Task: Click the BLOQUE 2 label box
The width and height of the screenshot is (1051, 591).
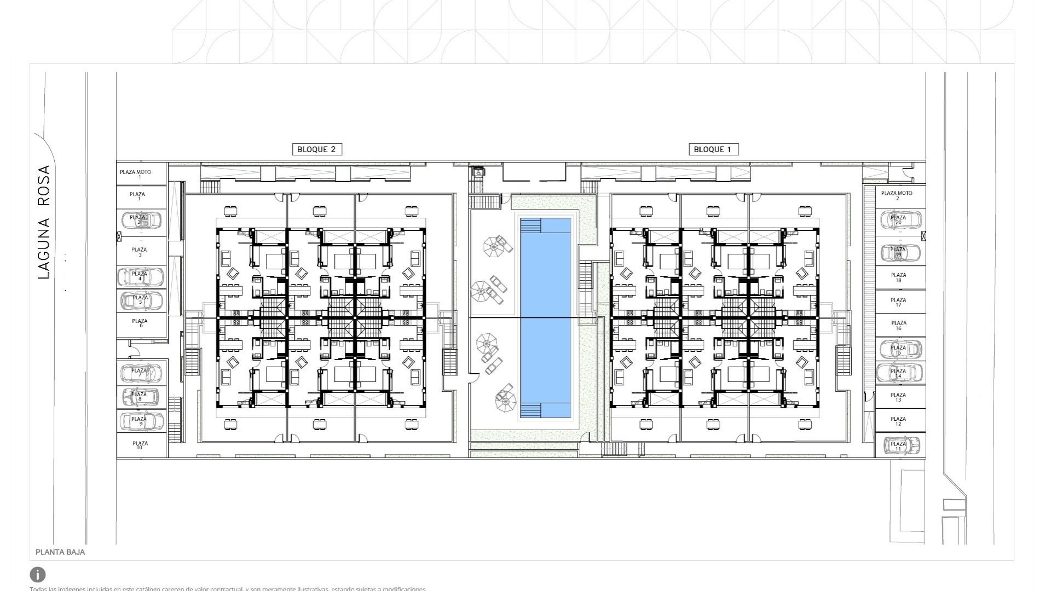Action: pyautogui.click(x=317, y=149)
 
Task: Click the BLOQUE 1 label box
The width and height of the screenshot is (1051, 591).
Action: pyautogui.click(x=712, y=149)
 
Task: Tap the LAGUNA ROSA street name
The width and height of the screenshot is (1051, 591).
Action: pyautogui.click(x=44, y=222)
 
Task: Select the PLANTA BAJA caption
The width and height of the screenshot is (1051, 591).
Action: pyautogui.click(x=60, y=552)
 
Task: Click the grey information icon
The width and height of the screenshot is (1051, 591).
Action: pyautogui.click(x=38, y=575)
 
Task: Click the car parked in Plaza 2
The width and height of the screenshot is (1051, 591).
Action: pyautogui.click(x=141, y=220)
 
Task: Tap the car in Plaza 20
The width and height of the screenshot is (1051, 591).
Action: pyautogui.click(x=900, y=220)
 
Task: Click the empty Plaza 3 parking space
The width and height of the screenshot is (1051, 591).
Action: pyautogui.click(x=140, y=252)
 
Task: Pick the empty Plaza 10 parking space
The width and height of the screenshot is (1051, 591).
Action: pyautogui.click(x=140, y=445)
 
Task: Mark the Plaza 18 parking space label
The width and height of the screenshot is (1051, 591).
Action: pyautogui.click(x=898, y=277)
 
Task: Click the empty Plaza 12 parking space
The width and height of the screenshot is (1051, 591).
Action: pyautogui.click(x=898, y=421)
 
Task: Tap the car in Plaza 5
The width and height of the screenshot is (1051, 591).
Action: pyautogui.click(x=141, y=300)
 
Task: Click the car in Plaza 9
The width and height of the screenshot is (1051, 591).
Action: pyautogui.click(x=141, y=421)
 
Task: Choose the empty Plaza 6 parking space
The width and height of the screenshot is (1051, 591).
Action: pyautogui.click(x=140, y=323)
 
